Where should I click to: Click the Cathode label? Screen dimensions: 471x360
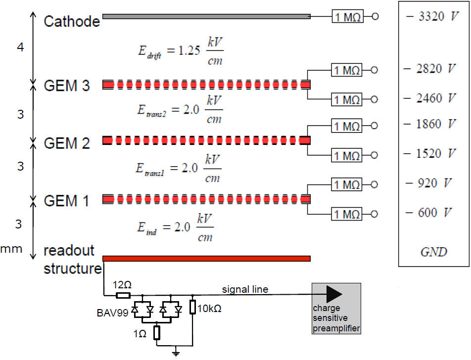coord(71,21)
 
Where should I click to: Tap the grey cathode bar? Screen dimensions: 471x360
coord(206,16)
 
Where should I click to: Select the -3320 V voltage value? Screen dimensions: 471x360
coord(432,16)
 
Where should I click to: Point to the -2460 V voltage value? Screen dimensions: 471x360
coord(429,98)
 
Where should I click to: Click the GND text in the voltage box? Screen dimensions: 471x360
coord(434,252)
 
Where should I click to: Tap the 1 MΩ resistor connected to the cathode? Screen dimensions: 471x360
coord(347,16)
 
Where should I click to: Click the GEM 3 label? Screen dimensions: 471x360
coord(67,86)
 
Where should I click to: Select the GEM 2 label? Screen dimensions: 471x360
coord(67,143)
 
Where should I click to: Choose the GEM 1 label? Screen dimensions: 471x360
coord(66,201)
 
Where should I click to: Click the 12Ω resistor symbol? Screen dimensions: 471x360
coord(123,295)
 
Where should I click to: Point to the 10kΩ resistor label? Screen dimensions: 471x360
coord(209,309)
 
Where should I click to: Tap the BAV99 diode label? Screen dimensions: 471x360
coord(112,313)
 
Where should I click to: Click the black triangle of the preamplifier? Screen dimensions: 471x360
coord(334,294)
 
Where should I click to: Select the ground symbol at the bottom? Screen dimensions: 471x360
coord(176,353)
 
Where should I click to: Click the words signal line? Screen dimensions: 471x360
coord(245,289)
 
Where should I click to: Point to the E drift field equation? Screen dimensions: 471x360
coord(181,51)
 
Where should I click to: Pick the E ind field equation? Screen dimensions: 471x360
coord(176,227)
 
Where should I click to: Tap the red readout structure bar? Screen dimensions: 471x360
coord(206,259)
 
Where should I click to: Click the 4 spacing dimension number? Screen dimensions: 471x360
coord(20,47)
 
